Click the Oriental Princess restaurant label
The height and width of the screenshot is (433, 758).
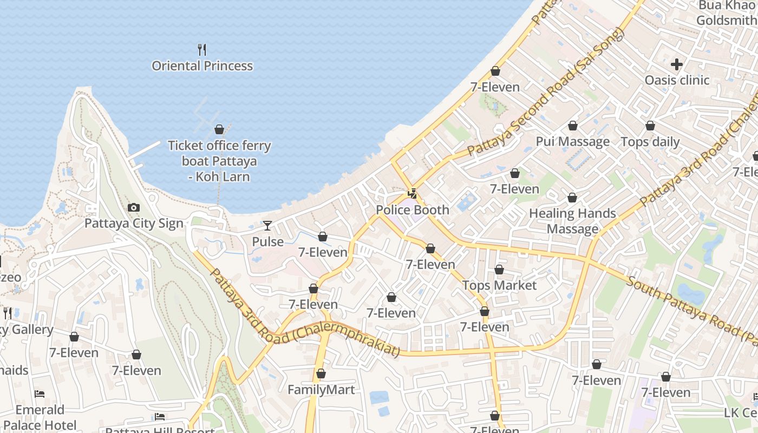202,66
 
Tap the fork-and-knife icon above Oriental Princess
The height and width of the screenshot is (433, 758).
202,50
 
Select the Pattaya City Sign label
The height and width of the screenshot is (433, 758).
134,224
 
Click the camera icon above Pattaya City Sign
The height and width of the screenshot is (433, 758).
133,207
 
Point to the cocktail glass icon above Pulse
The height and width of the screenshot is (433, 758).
267,225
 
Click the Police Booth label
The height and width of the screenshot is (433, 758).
413,210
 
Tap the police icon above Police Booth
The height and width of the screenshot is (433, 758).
413,194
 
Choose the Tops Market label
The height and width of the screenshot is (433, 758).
499,285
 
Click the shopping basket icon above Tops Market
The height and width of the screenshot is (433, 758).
499,270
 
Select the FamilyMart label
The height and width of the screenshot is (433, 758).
321,390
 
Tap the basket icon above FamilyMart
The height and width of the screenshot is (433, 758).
321,374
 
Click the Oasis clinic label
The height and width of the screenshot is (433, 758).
677,80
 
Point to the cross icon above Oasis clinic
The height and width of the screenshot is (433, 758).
677,64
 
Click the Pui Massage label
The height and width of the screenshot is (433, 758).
572,142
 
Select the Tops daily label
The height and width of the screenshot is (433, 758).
650,142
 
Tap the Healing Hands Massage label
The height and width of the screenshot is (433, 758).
572,221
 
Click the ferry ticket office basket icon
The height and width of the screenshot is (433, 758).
219,129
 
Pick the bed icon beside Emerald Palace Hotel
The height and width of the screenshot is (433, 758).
40,393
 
